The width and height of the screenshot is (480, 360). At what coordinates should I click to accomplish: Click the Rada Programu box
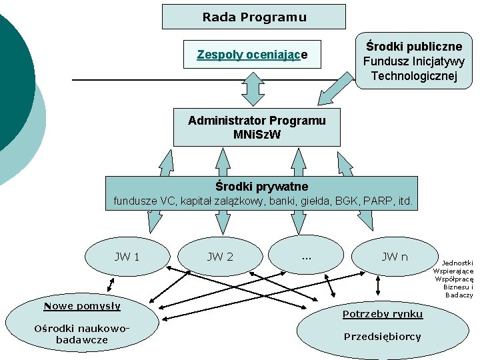[254, 17]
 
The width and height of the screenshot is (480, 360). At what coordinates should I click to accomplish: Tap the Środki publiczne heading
[413, 47]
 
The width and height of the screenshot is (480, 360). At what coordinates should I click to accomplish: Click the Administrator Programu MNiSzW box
[257, 127]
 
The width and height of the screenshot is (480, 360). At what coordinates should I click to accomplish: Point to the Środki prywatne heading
[262, 186]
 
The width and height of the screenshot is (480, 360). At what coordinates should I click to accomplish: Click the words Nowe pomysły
[82, 306]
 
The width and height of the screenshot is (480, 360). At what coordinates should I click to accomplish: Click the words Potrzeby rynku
[382, 314]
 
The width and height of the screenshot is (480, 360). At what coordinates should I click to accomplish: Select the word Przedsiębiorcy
[382, 337]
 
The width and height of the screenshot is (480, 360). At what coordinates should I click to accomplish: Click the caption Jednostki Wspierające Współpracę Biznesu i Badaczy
[453, 279]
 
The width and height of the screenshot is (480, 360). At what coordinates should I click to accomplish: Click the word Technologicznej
[413, 76]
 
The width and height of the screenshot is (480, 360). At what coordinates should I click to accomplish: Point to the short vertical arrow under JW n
[379, 286]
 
